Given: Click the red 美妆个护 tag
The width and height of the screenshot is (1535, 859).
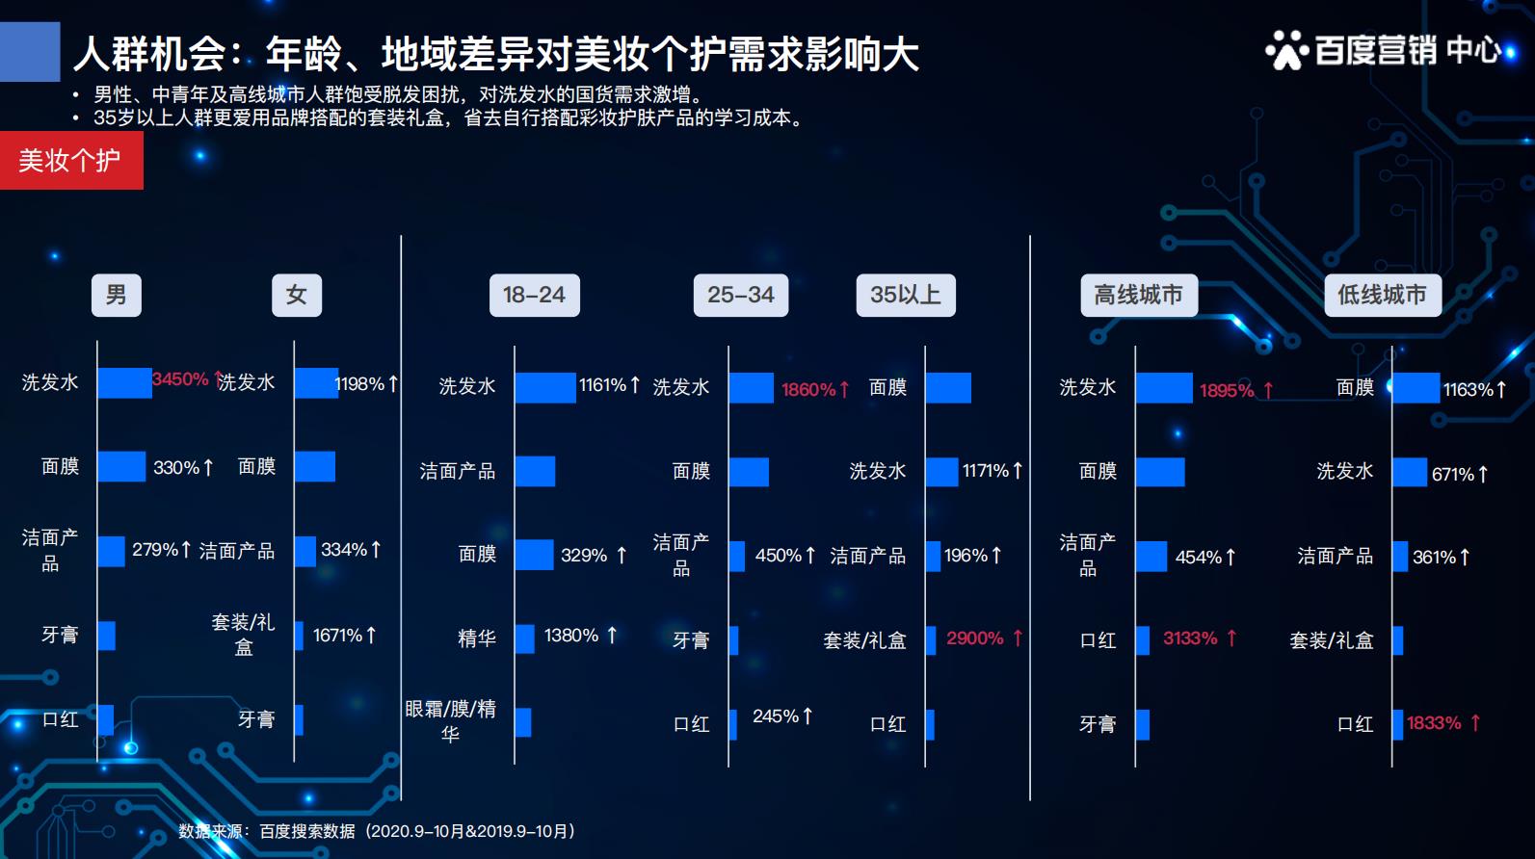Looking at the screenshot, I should [70, 160].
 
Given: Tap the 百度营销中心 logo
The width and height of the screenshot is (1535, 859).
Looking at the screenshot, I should [1385, 49].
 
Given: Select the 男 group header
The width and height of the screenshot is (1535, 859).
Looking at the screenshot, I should [116, 295].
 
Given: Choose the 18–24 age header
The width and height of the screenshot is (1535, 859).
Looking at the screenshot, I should [534, 295].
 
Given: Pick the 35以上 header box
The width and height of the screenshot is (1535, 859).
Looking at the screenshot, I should [905, 295].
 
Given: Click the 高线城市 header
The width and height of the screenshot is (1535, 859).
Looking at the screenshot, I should [1138, 295].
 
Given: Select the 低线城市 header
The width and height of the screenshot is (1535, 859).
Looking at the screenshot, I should [1382, 295].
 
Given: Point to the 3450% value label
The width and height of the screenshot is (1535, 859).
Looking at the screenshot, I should [181, 379].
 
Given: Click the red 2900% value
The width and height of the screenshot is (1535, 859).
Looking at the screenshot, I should [975, 638].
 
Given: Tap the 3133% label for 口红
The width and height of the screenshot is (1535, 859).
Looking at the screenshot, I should [1191, 638].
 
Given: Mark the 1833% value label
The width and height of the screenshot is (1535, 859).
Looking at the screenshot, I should [1434, 723].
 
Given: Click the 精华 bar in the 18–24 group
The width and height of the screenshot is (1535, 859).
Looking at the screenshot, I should [524, 638].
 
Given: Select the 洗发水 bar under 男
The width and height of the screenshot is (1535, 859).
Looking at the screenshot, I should [124, 382].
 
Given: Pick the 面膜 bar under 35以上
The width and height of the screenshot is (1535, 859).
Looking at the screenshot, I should [948, 387].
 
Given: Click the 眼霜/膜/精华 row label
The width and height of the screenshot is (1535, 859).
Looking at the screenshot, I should [450, 721].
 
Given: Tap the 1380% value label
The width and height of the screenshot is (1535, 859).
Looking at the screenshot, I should [571, 636].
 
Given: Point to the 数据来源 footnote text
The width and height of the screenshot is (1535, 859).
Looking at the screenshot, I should [376, 831].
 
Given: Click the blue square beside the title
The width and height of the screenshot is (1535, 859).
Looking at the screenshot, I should [30, 51].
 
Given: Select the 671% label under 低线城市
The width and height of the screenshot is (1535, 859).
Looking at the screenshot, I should [1452, 474].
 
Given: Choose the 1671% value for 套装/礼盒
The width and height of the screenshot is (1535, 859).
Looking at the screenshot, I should [337, 636].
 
